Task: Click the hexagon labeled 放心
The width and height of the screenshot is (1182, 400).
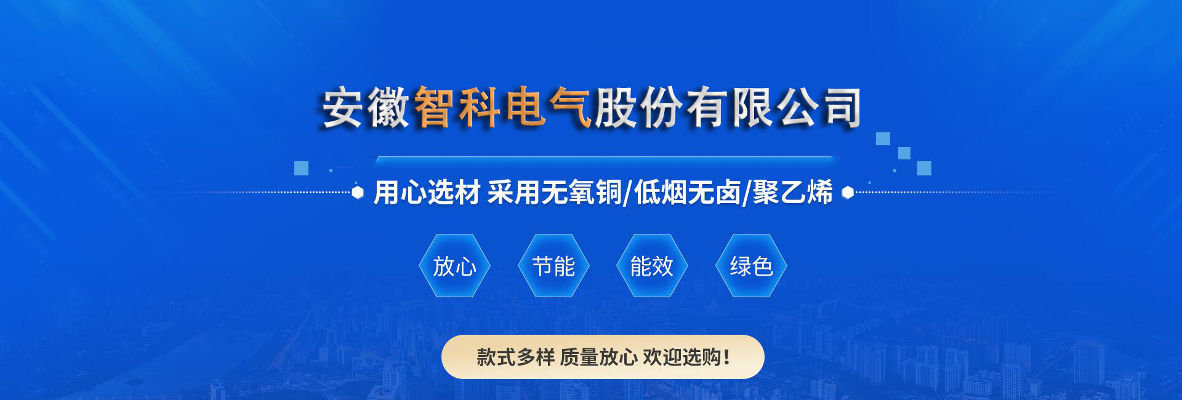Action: point(454,266)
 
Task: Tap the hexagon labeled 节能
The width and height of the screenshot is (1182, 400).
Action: point(553,266)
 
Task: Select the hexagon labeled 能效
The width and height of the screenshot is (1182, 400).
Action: point(652,266)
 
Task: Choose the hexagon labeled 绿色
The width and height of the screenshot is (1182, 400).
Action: point(751,266)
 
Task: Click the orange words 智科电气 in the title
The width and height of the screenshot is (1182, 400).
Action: point(502,108)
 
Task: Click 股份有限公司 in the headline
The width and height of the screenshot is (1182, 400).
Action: point(727,108)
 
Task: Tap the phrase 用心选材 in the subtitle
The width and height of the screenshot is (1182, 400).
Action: point(427,192)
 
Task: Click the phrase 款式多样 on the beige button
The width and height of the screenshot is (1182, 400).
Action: point(515,357)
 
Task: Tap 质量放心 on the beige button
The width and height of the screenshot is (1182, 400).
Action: point(598,357)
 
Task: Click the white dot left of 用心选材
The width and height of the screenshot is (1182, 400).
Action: point(358,193)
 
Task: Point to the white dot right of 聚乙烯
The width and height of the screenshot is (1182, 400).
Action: point(848,193)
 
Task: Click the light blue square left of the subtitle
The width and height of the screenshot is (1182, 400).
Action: point(301,168)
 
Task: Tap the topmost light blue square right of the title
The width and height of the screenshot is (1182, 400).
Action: point(883,138)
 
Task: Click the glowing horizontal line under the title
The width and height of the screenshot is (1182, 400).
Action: point(606,159)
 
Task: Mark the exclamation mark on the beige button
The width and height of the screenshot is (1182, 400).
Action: point(727,357)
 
